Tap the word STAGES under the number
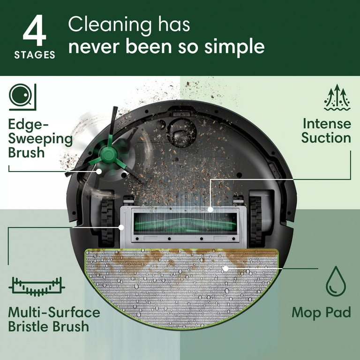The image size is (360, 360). point(35,55)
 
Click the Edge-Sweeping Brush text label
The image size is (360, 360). point(40,138)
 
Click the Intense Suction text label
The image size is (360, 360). point(326,131)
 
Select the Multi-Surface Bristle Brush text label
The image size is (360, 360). point(54,319)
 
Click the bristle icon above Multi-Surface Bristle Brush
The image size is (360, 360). point(37,285)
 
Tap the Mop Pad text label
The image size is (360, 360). point(321,313)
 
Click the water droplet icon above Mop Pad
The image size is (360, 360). point(336,281)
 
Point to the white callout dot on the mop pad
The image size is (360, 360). point(226,269)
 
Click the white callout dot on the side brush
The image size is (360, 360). point(98,172)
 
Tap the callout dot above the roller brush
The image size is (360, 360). point(210,210)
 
